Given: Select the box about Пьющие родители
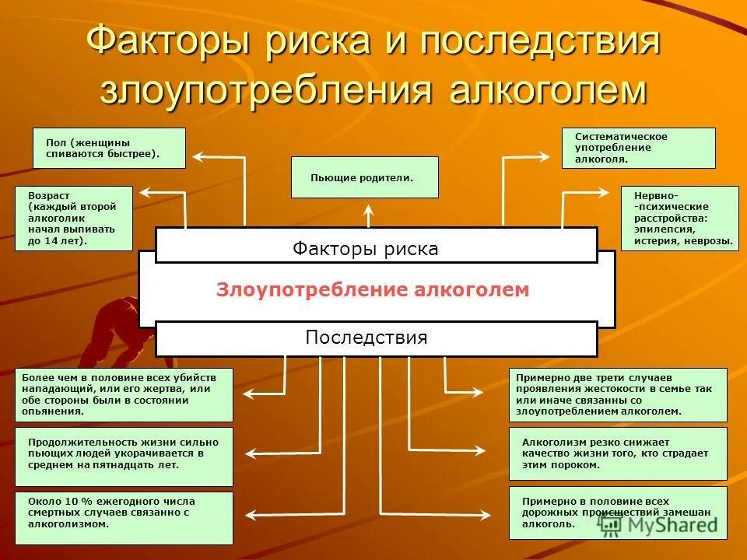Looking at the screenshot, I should pos(364,177).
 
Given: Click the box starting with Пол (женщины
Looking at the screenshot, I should pos(109,148).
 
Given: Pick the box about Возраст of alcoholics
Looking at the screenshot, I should pos(74,219).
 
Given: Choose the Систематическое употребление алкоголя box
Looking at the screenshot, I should pos(638,148).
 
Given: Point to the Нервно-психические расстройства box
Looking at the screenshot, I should pos(679,219).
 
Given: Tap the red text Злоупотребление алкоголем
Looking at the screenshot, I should pos(373,290).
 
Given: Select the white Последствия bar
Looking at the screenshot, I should pos(376,338).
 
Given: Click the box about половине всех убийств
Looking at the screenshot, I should pos(124,394).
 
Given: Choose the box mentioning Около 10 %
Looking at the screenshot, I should pos(124,517).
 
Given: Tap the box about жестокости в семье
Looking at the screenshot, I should pos(618,394).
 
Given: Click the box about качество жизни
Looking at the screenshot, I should pos(618,453).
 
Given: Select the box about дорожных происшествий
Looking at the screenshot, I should pos(618,513).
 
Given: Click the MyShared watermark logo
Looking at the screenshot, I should pos(658,524).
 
